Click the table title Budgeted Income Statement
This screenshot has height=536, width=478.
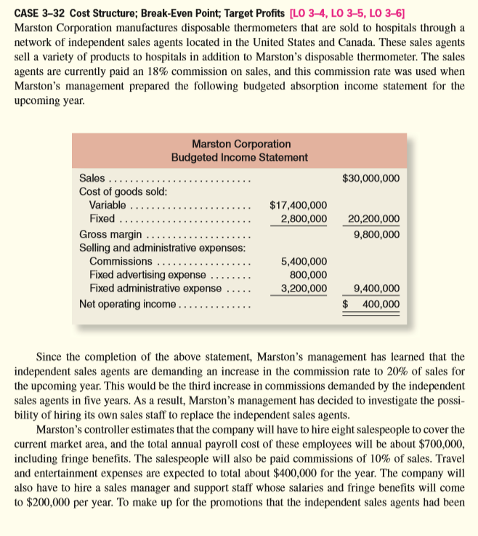tap(239, 157)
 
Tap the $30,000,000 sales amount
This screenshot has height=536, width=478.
tap(370, 178)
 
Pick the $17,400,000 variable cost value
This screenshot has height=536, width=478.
tap(298, 206)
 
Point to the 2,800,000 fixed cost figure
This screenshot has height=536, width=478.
tap(303, 219)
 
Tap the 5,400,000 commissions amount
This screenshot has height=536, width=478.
tap(303, 261)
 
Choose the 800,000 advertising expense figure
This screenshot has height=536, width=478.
tap(308, 274)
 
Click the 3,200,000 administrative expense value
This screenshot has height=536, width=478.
tap(303, 288)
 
